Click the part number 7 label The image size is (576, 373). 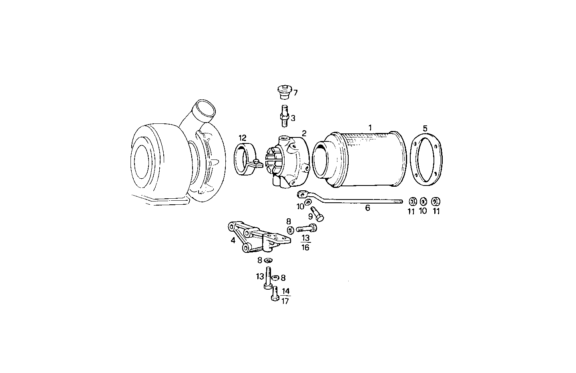tap(295, 93)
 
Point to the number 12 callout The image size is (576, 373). tap(242, 137)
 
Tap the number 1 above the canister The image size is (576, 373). tap(370, 127)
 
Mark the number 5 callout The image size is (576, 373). tap(425, 128)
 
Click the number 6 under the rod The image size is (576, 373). tap(367, 208)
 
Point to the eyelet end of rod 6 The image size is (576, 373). tap(302, 195)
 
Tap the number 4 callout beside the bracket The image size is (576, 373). tap(233, 240)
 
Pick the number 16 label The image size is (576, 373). tap(305, 248)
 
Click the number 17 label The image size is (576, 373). tap(285, 301)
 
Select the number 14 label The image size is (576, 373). tap(285, 291)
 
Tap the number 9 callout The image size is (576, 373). tap(310, 217)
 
